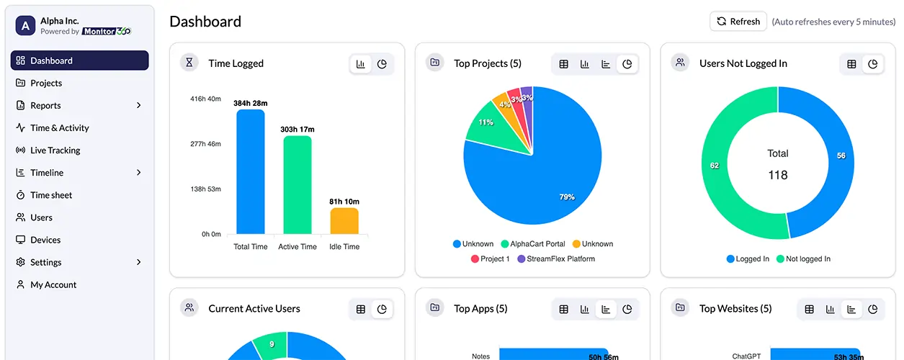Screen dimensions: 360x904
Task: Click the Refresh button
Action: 738,22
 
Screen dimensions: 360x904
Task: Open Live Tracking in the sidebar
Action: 55,150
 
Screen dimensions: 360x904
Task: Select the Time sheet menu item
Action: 50,195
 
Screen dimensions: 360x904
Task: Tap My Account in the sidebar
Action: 53,284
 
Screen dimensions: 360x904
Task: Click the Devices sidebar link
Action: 45,240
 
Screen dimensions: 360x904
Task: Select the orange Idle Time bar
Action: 344,221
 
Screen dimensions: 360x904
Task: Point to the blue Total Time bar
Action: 251,173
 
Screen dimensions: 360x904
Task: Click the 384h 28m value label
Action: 251,103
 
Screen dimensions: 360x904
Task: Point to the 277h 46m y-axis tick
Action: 205,144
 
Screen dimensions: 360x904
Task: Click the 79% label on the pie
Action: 567,197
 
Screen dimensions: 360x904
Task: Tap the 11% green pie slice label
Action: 485,122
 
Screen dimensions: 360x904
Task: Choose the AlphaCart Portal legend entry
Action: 532,244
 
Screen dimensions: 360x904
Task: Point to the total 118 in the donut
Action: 778,175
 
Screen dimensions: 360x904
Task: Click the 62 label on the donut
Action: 715,166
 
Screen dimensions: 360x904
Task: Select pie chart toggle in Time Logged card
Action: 382,64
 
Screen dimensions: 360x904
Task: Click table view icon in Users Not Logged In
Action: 851,64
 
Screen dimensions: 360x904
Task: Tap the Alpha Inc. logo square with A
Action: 26,27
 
